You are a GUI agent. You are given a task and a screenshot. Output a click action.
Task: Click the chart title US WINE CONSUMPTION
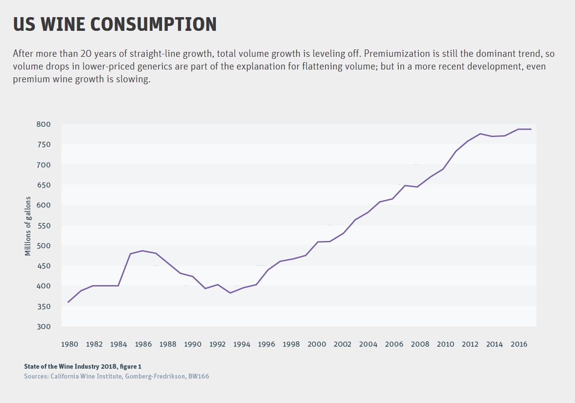(x=115, y=24)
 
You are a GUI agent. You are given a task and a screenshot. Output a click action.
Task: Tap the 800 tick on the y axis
(x=43, y=124)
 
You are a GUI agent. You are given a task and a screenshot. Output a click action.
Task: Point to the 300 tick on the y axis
(x=43, y=327)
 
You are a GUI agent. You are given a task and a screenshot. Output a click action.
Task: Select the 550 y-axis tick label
(x=43, y=226)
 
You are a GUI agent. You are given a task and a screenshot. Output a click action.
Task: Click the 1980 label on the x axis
(x=69, y=344)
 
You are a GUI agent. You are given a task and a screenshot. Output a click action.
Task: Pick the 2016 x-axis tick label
(x=519, y=344)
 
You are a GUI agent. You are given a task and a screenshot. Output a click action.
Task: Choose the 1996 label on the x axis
(x=266, y=344)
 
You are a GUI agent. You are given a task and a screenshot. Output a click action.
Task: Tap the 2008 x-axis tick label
(x=420, y=344)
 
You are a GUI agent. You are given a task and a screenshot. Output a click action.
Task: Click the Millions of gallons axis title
(x=28, y=226)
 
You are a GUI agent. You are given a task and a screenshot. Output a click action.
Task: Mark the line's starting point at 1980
(x=68, y=302)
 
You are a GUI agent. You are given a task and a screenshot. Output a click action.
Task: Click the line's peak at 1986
(x=143, y=251)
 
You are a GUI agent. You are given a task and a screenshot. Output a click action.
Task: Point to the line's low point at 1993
(x=230, y=293)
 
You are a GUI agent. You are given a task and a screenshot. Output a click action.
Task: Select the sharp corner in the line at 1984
(x=118, y=285)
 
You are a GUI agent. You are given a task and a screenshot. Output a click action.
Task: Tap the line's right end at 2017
(x=531, y=129)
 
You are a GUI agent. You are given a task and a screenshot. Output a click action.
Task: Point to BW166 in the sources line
(x=199, y=376)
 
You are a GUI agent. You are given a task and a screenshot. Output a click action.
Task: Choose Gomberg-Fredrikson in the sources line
(x=155, y=376)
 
